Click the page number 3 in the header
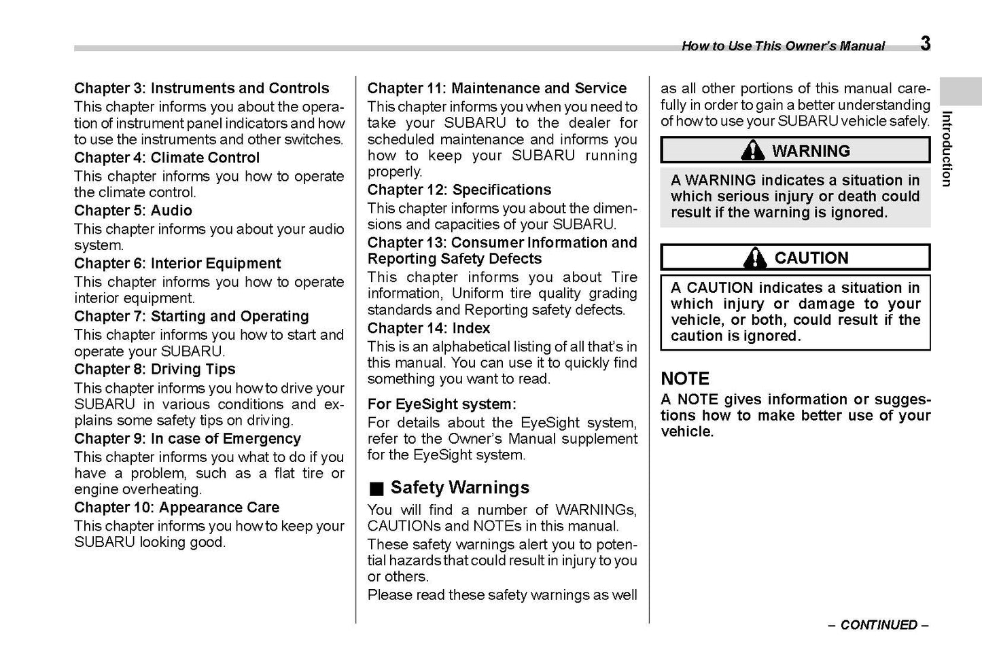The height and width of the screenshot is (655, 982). pyautogui.click(x=925, y=43)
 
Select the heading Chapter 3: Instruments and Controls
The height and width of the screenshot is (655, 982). pyautogui.click(x=201, y=88)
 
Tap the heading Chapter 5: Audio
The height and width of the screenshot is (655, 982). pyautogui.click(x=133, y=211)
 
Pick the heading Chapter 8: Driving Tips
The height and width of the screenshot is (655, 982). pyautogui.click(x=155, y=370)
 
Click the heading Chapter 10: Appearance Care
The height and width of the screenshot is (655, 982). pyautogui.click(x=177, y=508)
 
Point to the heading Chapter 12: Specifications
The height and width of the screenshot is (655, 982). pyautogui.click(x=459, y=190)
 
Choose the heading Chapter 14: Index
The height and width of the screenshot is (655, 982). pyautogui.click(x=429, y=328)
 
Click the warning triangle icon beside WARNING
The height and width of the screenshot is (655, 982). pyautogui.click(x=752, y=150)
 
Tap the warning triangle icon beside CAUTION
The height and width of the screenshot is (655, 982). pyautogui.click(x=755, y=258)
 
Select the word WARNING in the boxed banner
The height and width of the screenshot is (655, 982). pyautogui.click(x=811, y=151)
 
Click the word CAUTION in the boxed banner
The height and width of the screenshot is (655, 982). pyautogui.click(x=811, y=258)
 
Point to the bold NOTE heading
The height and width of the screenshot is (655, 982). pyautogui.click(x=685, y=378)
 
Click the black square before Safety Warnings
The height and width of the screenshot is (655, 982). pyautogui.click(x=377, y=489)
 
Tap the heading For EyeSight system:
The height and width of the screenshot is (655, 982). pyautogui.click(x=442, y=404)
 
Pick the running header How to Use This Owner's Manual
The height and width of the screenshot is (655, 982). pyautogui.click(x=783, y=46)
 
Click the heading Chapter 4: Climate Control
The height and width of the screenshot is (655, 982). pyautogui.click(x=166, y=158)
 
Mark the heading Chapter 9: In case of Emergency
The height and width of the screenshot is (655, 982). pyautogui.click(x=188, y=439)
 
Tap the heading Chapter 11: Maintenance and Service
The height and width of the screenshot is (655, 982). pyautogui.click(x=497, y=88)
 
